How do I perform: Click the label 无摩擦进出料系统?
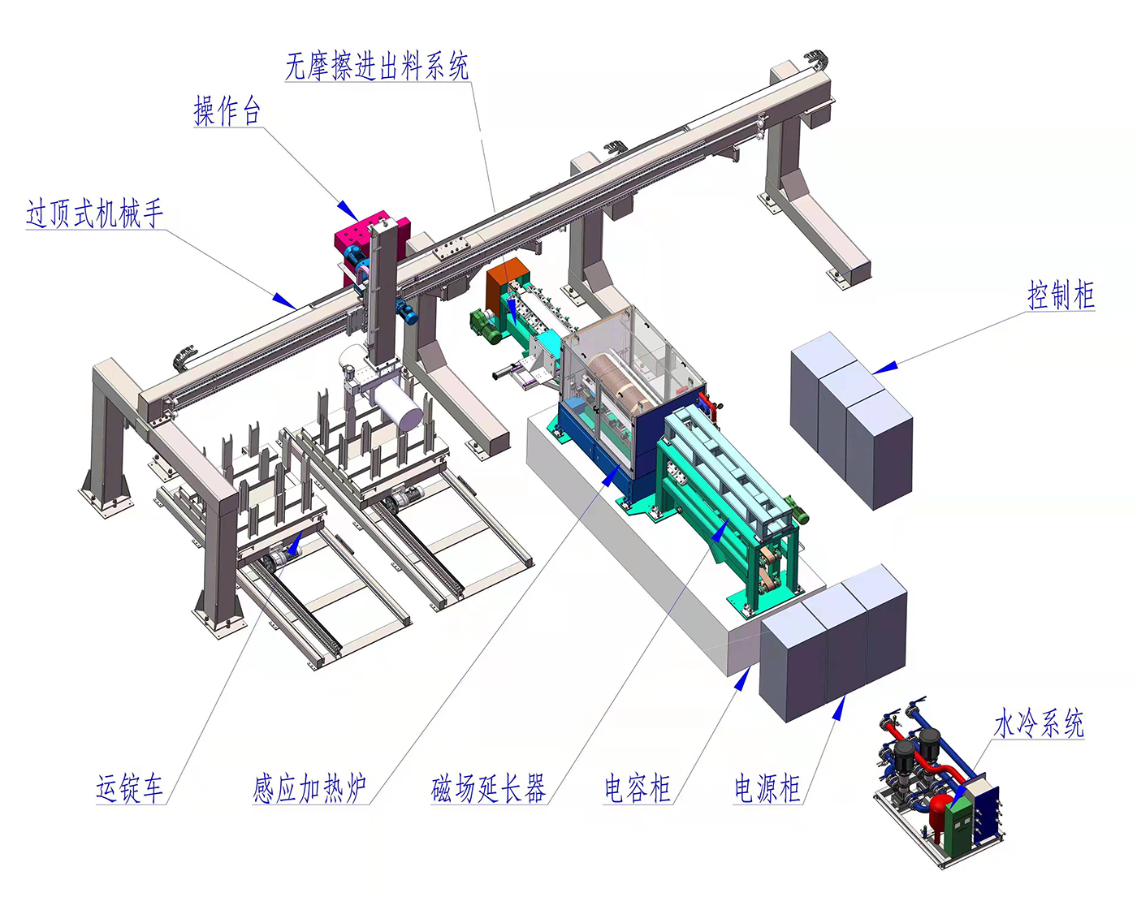click(x=377, y=67)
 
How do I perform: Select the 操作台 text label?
click(x=227, y=111)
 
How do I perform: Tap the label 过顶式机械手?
click(x=94, y=213)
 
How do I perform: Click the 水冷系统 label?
click(x=1039, y=723)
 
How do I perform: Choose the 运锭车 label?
click(x=129, y=789)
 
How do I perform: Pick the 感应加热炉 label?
click(x=309, y=789)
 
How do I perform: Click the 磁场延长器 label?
click(x=488, y=789)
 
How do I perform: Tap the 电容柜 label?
click(x=638, y=789)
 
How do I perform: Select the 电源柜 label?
click(x=767, y=789)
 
